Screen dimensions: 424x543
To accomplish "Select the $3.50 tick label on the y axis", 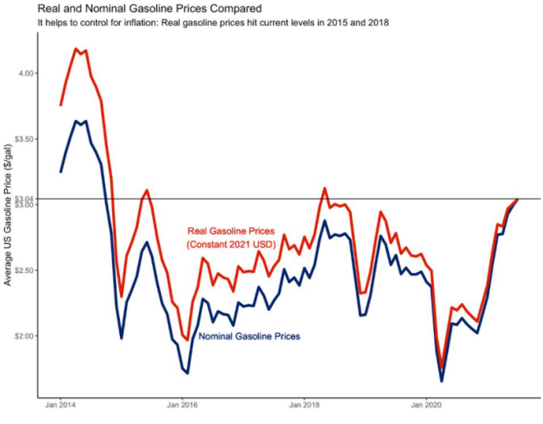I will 25,138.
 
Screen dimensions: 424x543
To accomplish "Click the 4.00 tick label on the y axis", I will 27,73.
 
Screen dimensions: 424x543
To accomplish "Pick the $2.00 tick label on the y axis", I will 25,335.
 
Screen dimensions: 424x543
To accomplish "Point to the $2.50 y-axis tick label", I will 25,270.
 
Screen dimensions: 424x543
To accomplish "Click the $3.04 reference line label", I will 25,199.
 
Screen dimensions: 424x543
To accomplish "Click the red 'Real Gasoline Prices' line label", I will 231,232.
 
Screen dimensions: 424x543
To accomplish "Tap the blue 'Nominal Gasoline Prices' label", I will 250,336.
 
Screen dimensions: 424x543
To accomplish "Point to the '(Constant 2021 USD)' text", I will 231,245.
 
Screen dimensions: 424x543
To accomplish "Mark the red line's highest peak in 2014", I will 76,49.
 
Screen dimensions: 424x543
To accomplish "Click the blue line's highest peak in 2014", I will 76,121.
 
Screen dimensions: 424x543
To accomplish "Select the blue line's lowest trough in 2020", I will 442,381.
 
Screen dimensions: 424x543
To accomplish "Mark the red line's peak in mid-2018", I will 325,188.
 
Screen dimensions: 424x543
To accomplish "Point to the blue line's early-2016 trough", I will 188,373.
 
